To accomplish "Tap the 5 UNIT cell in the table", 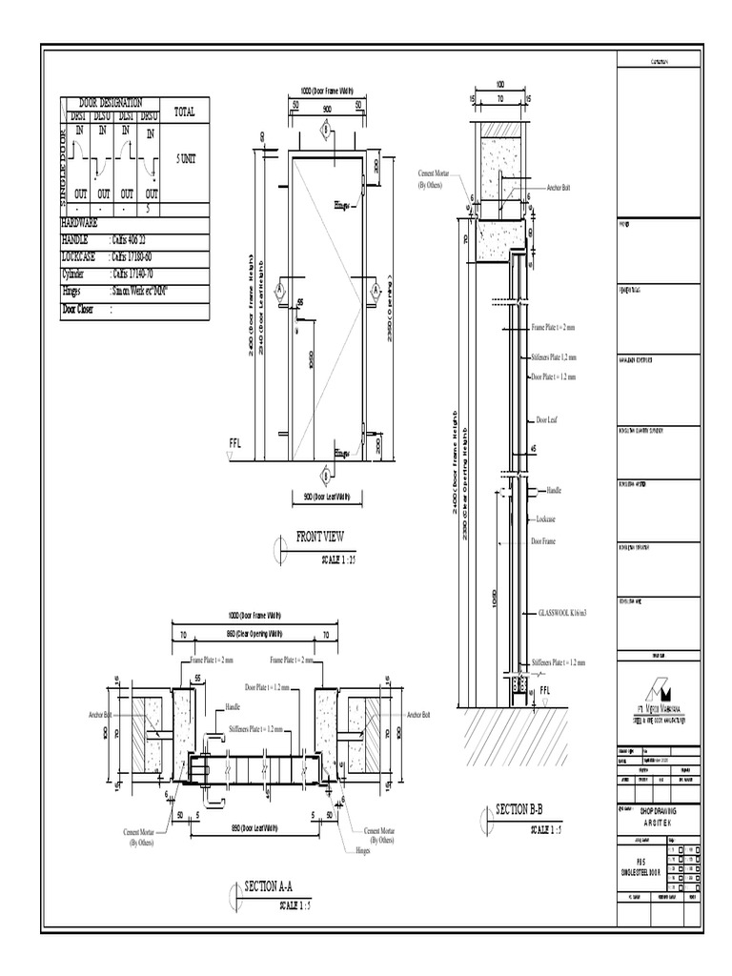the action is pos(185,159).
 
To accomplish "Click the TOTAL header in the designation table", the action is pos(185,112).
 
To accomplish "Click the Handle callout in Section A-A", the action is pos(234,707).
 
